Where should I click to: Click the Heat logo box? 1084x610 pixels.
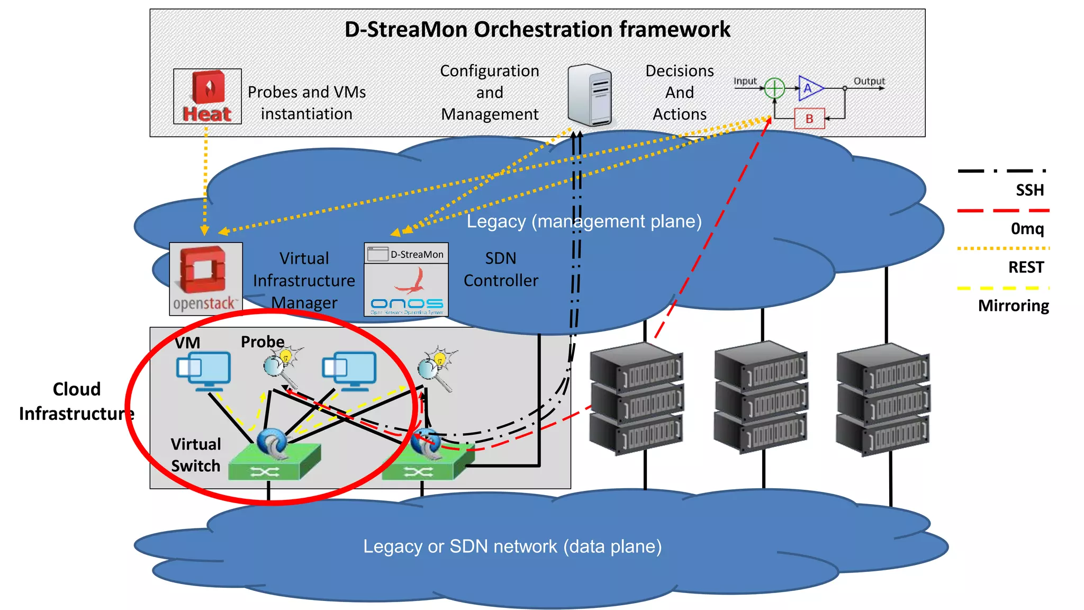tap(207, 96)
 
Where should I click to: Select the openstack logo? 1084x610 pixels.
tap(206, 279)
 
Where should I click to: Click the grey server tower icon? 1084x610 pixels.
tap(590, 95)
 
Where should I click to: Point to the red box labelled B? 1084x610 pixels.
tap(809, 119)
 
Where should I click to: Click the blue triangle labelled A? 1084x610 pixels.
tap(810, 88)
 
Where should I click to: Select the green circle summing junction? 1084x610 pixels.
tap(774, 88)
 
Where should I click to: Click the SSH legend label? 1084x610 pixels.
tap(1029, 190)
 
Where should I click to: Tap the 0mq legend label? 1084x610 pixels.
tap(1027, 229)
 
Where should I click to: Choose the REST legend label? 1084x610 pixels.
tap(1026, 267)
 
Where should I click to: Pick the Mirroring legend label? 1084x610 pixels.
tap(1013, 306)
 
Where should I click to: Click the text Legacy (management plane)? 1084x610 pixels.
tap(584, 221)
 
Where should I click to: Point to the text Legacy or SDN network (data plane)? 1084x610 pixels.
tap(512, 546)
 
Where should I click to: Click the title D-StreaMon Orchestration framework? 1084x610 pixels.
tap(537, 30)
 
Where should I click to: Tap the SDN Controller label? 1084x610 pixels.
tap(501, 270)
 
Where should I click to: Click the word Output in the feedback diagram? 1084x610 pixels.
tap(869, 81)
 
